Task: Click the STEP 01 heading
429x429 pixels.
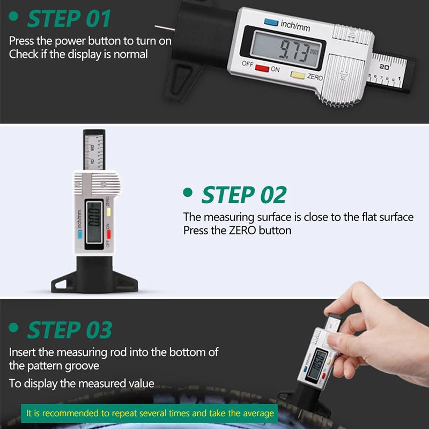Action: point(69,19)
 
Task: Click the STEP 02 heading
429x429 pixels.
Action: point(244,195)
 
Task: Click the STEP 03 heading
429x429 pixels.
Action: point(70,329)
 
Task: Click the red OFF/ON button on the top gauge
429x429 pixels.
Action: point(262,69)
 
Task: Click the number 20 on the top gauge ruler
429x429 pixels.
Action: point(384,67)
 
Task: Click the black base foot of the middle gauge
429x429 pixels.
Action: point(94,279)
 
